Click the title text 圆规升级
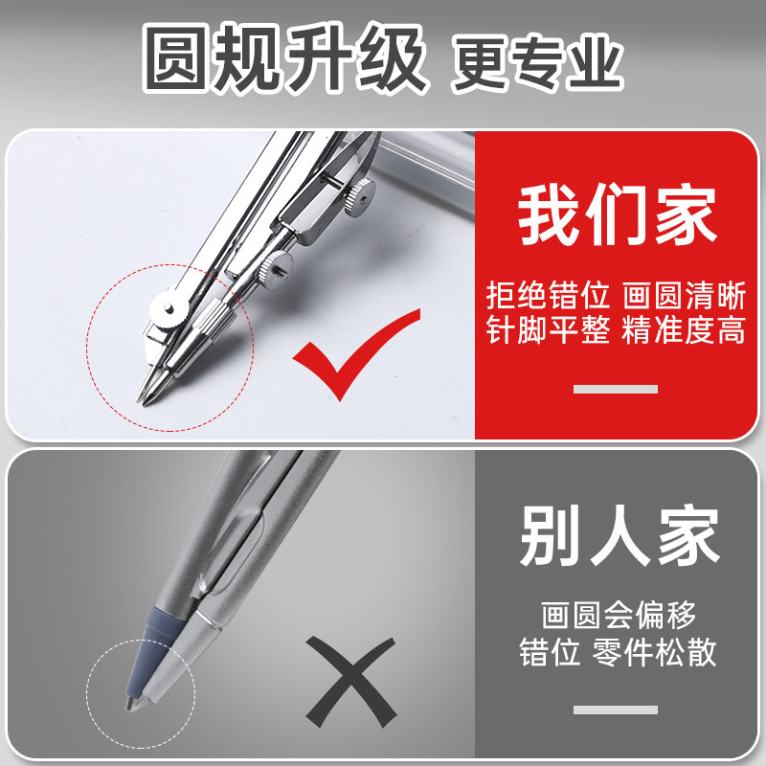point(284,60)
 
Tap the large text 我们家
point(619,217)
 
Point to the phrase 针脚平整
point(548,331)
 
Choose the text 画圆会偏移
point(619,613)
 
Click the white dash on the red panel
point(615,389)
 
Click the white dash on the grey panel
point(615,710)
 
